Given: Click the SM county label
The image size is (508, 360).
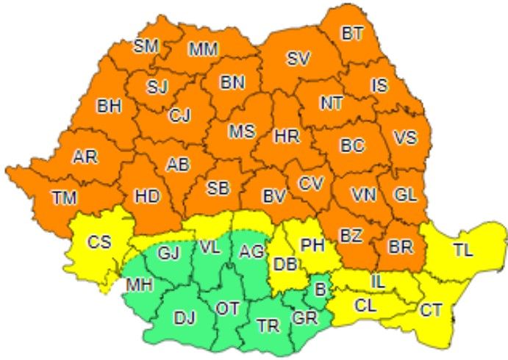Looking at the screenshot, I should point(146,46).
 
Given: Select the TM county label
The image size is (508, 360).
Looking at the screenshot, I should point(64,196).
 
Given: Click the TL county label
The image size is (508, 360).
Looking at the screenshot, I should point(462,249).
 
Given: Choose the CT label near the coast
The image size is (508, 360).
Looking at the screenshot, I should point(432,311).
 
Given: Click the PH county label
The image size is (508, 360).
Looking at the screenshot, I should point(312,245).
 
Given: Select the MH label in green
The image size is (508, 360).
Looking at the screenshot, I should point(139,284).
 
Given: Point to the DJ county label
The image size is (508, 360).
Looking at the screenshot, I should point(185,317).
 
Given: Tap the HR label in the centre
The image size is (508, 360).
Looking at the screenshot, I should point(286,136).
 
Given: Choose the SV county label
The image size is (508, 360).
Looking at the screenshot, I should point(298,58).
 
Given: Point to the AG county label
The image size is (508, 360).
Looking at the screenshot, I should point(251,251).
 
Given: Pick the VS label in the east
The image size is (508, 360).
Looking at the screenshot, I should point(404,138).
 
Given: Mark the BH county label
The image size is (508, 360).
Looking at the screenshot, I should point(109,106).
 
